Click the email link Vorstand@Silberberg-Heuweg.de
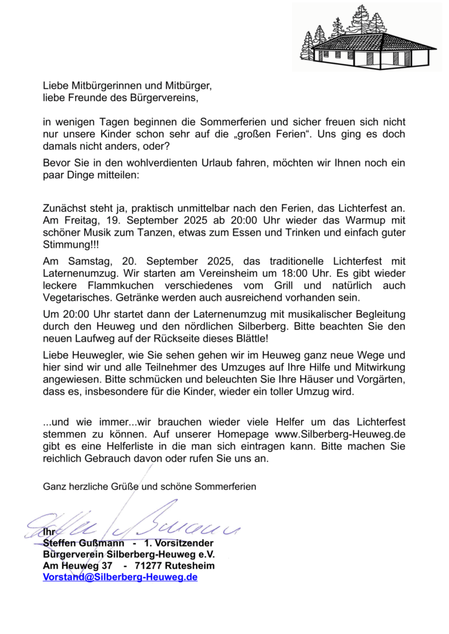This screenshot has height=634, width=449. pos(120,577)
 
